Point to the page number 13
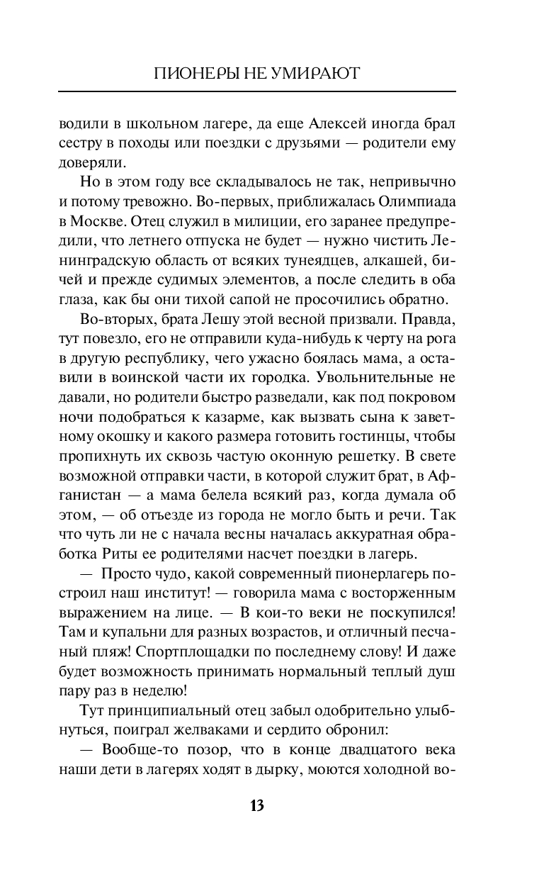(x=256, y=805)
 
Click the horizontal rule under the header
(x=257, y=91)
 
